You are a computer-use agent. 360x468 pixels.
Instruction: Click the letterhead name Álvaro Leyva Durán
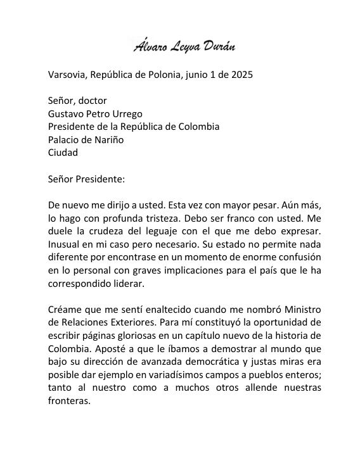[180, 46]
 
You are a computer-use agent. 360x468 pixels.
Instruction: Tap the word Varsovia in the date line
[68, 75]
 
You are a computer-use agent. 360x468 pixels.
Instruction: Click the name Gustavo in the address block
[67, 114]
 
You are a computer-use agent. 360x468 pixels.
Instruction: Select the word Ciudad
[63, 153]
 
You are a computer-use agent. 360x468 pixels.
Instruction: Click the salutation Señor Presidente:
[86, 179]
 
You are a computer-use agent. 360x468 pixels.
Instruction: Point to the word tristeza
[170, 218]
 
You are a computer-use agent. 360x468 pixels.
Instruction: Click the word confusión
[295, 258]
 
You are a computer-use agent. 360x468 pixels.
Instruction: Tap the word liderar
[127, 284]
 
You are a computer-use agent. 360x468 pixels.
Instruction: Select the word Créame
[65, 310]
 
